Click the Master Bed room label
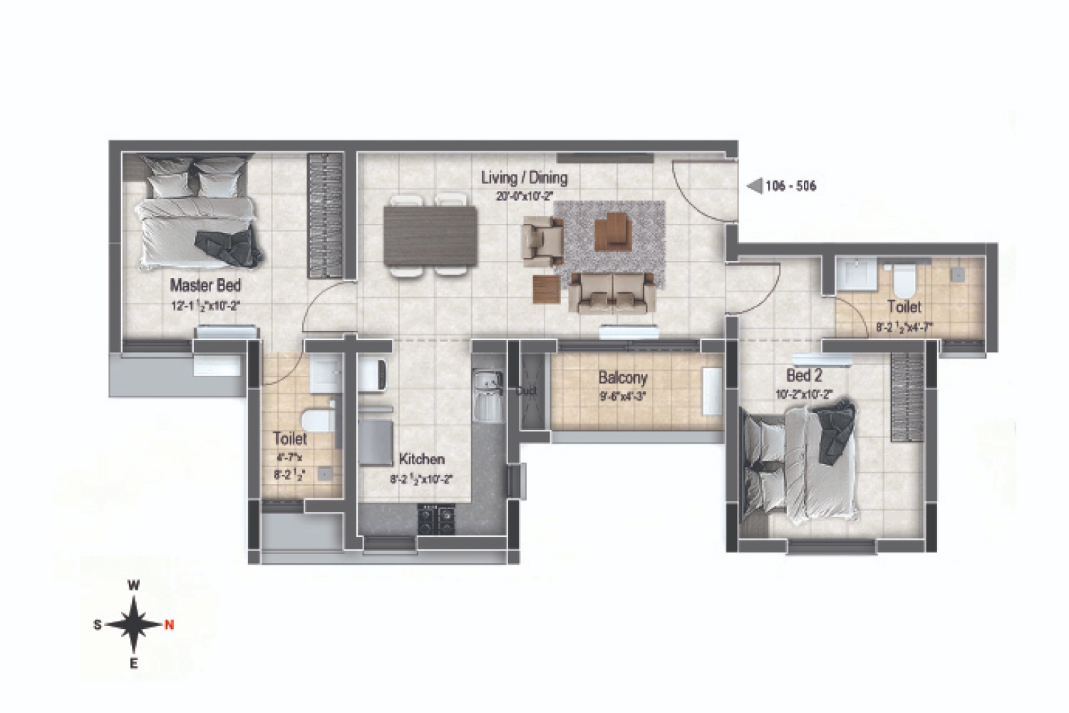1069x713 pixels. (x=205, y=286)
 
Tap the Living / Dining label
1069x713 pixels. (x=524, y=178)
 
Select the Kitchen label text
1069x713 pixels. (x=421, y=459)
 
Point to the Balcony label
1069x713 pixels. (x=622, y=377)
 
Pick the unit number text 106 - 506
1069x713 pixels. (x=790, y=186)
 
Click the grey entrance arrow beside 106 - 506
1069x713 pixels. (x=754, y=186)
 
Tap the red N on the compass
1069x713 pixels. (x=169, y=625)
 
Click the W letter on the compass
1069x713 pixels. (x=133, y=585)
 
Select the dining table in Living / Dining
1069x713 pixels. (x=430, y=235)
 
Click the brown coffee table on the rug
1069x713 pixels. (x=613, y=231)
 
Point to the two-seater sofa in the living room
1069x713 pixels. (x=614, y=293)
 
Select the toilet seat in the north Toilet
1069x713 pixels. (x=904, y=280)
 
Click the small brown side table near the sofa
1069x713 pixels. (x=547, y=288)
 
